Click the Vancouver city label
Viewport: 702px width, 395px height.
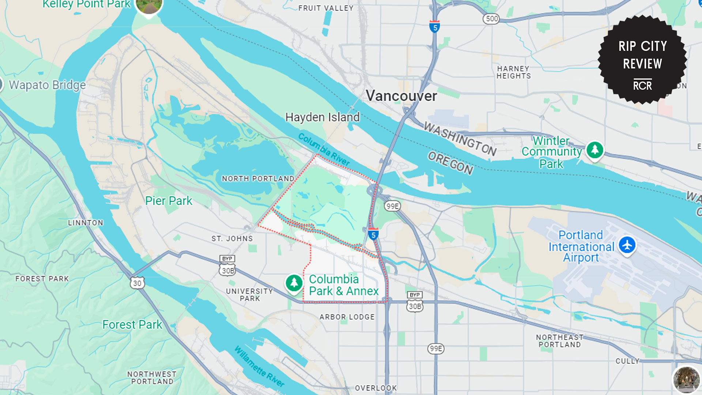[401, 96]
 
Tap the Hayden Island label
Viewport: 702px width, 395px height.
[322, 117]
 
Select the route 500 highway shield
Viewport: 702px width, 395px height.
[492, 19]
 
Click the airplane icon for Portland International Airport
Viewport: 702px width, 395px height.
[627, 245]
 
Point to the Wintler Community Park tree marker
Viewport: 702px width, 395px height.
[595, 150]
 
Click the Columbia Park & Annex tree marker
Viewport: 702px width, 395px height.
[294, 283]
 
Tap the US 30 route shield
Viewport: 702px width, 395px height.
[137, 283]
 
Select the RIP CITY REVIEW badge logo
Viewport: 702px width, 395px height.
[642, 60]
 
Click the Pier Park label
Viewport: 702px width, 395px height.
[169, 201]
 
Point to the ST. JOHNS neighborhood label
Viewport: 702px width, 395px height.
[232, 239]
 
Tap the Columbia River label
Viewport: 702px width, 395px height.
[324, 149]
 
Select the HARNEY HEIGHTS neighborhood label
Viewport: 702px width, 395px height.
[513, 72]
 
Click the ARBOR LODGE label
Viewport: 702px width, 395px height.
[347, 317]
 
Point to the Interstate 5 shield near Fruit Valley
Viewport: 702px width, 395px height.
[434, 27]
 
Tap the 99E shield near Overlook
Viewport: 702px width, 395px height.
[435, 349]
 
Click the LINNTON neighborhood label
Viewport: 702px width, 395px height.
[86, 223]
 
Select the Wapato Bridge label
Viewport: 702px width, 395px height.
[47, 85]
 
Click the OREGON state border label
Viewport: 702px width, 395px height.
[450, 163]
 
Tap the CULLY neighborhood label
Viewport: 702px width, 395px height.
[627, 361]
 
